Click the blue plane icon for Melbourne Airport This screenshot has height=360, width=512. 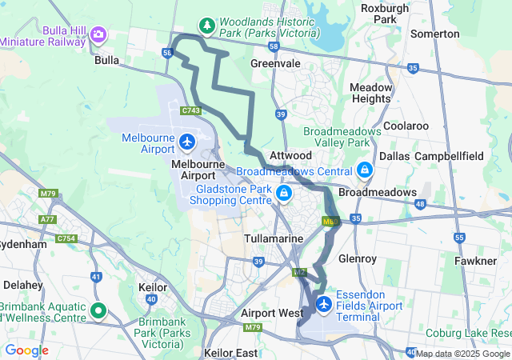click(187, 142)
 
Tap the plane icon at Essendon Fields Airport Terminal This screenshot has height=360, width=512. click(324, 304)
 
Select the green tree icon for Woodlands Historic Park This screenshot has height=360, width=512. click(207, 26)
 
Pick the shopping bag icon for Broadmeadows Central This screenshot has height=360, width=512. click(364, 170)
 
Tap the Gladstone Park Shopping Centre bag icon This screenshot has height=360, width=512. click(282, 193)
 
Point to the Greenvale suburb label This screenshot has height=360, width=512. click(276, 63)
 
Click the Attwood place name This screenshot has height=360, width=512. click(290, 154)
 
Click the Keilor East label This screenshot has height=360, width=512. click(231, 353)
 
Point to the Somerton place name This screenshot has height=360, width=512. click(434, 34)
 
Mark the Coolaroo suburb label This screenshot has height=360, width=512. click(406, 126)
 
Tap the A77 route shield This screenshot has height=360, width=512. click(48, 219)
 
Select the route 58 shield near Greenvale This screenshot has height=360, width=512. click(274, 47)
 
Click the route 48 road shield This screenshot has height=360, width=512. click(420, 204)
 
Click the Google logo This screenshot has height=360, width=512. click(26, 350)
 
